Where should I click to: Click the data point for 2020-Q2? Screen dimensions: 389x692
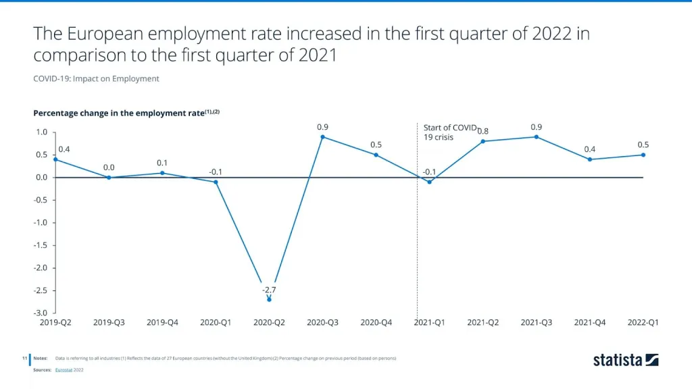pyautogui.click(x=269, y=299)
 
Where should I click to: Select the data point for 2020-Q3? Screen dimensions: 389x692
pyautogui.click(x=322, y=137)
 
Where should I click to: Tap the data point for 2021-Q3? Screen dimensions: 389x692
pyautogui.click(x=537, y=137)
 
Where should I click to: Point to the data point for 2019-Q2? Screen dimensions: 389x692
pyautogui.click(x=55, y=159)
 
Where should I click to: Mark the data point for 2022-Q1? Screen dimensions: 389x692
pyautogui.click(x=643, y=155)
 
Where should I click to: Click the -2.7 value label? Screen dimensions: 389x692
pyautogui.click(x=269, y=290)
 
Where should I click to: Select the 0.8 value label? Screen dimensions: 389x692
pyautogui.click(x=483, y=131)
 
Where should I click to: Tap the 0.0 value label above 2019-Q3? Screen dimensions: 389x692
pyautogui.click(x=109, y=167)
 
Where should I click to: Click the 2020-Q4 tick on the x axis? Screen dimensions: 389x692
pyautogui.click(x=376, y=323)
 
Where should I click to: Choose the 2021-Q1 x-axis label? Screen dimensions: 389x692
pyautogui.click(x=430, y=323)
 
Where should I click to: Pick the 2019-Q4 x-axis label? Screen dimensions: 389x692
pyautogui.click(x=162, y=323)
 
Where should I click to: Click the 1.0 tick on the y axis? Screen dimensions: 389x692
pyautogui.click(x=42, y=132)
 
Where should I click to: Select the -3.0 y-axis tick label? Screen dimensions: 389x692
pyautogui.click(x=41, y=313)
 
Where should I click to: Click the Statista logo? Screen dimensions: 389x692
pyautogui.click(x=626, y=360)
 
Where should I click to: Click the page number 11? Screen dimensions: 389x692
pyautogui.click(x=24, y=358)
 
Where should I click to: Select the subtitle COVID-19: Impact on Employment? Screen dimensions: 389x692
pyautogui.click(x=96, y=79)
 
